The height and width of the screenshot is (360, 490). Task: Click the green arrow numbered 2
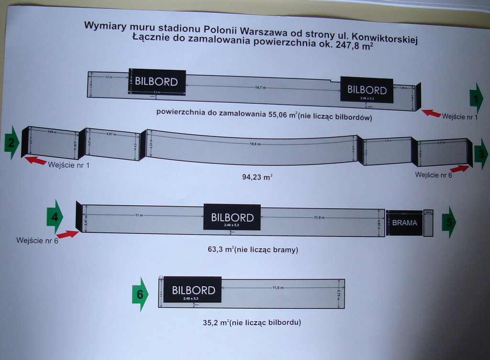[x=12, y=142]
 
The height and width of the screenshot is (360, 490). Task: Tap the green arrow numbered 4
[x=55, y=217]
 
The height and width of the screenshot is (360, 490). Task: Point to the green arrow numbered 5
[x=449, y=222]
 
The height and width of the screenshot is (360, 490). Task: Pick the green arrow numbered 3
[x=480, y=153]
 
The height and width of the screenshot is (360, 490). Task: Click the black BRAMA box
[x=404, y=223]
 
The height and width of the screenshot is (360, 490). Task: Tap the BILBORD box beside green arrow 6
[x=192, y=290]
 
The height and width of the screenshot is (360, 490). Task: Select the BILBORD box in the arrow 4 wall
[x=232, y=218]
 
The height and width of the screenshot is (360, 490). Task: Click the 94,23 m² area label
[x=257, y=177]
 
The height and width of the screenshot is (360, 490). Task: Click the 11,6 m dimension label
[x=278, y=288]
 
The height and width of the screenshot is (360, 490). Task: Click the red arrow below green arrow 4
[x=67, y=234]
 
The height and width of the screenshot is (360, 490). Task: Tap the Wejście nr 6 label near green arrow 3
[x=433, y=175]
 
